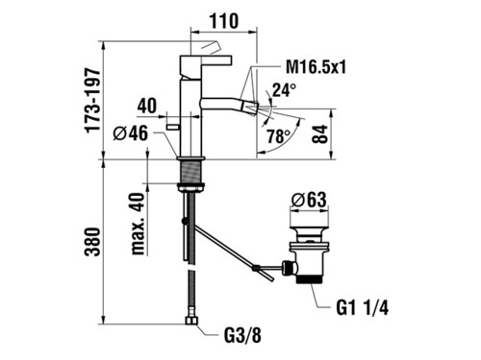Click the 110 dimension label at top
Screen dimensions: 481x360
[224, 21]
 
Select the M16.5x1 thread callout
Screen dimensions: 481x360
[316, 67]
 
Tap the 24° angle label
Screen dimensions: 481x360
[284, 89]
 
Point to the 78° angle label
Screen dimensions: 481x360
[279, 136]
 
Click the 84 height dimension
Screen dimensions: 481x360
[319, 134]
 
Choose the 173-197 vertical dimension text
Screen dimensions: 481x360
[92, 100]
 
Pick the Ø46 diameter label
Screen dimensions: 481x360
[131, 133]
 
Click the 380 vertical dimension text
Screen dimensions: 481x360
[92, 242]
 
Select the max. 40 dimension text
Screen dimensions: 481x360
[139, 224]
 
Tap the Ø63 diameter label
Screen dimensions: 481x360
[309, 201]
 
